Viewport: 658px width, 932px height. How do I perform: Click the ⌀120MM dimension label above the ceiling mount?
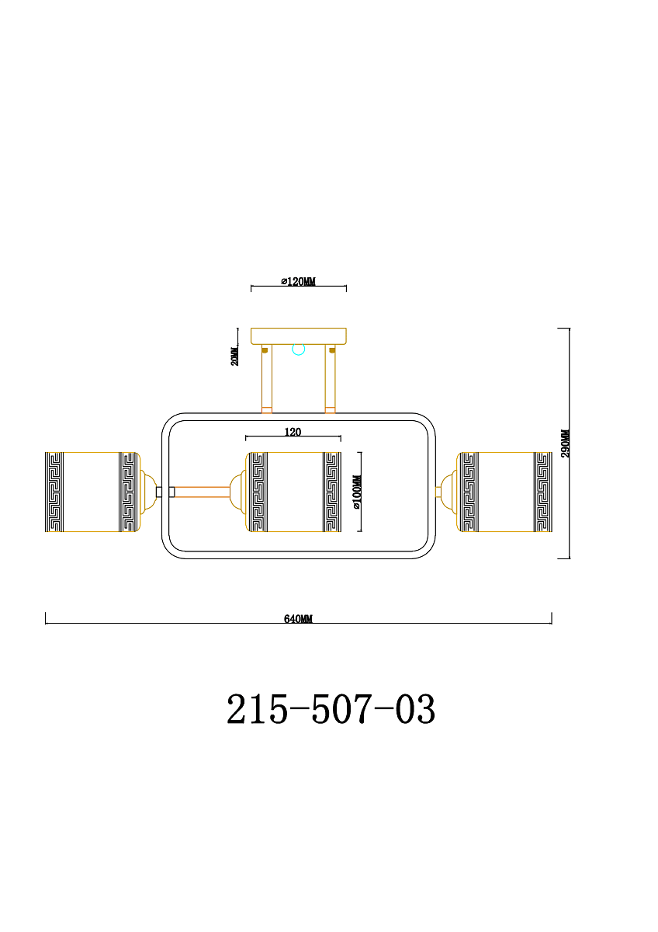click(x=298, y=282)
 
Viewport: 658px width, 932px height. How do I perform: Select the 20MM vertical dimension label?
click(x=235, y=355)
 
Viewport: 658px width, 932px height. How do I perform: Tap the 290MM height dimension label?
click(x=566, y=443)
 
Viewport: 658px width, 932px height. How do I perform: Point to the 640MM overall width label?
click(x=298, y=619)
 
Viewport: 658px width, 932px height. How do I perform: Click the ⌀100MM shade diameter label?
click(x=357, y=492)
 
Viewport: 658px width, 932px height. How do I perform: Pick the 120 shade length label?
click(x=293, y=432)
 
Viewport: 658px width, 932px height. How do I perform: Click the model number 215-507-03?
click(x=331, y=708)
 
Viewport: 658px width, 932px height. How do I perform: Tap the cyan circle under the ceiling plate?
click(x=299, y=349)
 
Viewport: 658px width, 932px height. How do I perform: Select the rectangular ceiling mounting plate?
click(x=299, y=336)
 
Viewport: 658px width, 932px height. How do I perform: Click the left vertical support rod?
click(x=267, y=379)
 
